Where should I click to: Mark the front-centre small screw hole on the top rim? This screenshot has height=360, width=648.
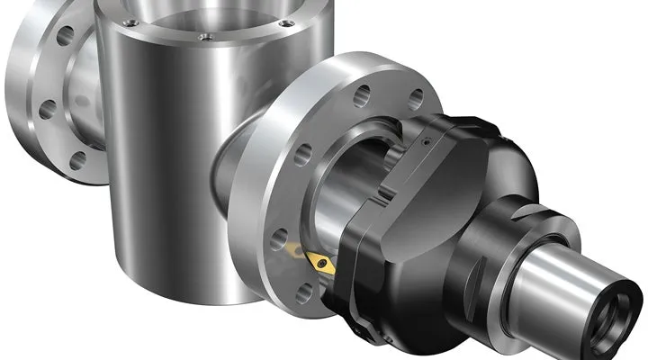(205, 37)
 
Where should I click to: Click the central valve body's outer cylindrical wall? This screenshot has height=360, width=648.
(162, 162)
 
